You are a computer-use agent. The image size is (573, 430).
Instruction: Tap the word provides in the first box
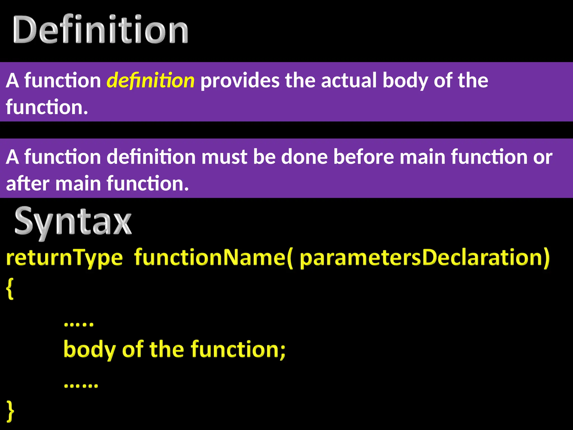click(240, 81)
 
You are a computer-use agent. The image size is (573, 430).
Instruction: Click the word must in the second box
click(224, 157)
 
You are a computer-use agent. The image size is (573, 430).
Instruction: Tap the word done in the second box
click(304, 157)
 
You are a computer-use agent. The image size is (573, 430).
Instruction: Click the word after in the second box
click(27, 184)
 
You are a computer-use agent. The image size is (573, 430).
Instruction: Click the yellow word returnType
click(64, 258)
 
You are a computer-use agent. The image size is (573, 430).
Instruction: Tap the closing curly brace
click(10, 410)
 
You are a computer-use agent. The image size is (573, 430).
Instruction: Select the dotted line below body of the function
click(81, 386)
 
